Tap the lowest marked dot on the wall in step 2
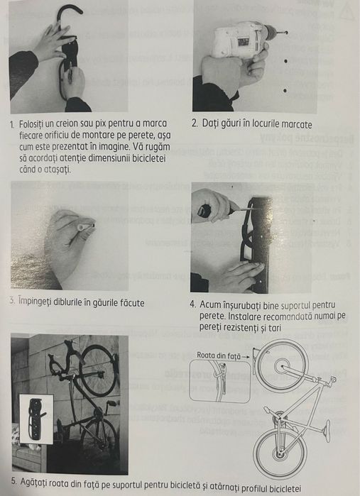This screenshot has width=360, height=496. [x=285, y=89]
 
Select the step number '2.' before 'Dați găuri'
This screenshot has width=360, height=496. [x=196, y=123]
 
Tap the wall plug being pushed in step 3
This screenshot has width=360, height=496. [x=85, y=226]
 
